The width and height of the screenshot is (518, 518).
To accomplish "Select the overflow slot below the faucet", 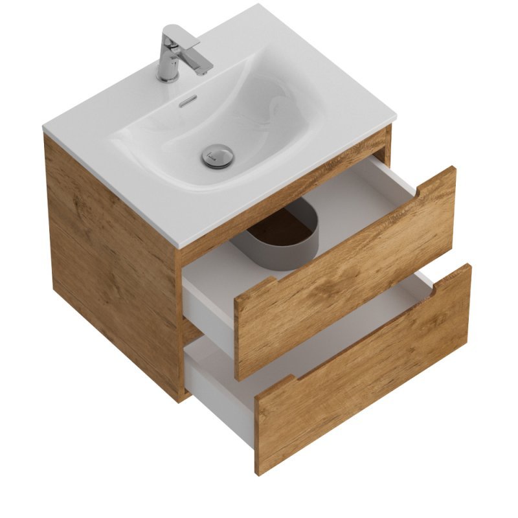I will pyautogui.click(x=186, y=102).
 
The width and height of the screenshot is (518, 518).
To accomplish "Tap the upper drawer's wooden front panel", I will pyautogui.click(x=343, y=272).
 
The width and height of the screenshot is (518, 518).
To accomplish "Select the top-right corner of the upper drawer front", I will pyautogui.click(x=455, y=168).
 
